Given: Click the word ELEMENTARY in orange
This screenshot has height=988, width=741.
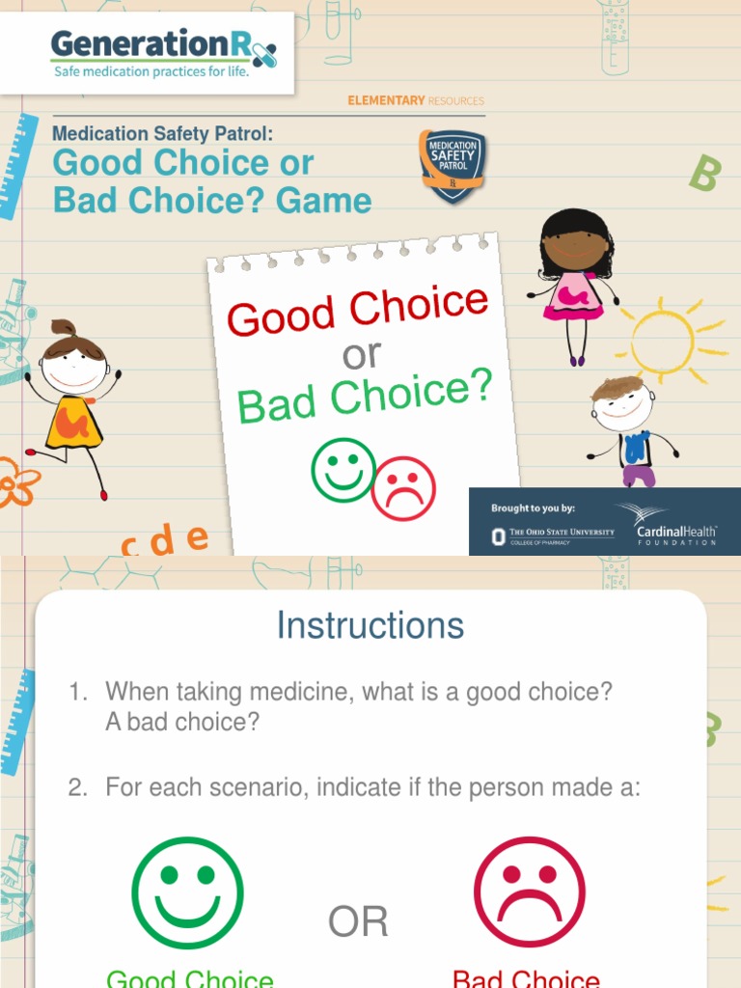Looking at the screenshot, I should (x=386, y=100).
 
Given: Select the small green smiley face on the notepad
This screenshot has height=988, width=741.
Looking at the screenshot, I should (x=343, y=470).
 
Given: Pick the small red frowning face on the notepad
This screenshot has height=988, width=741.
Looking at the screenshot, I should (x=403, y=488).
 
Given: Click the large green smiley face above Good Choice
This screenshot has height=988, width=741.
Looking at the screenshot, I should (x=188, y=892).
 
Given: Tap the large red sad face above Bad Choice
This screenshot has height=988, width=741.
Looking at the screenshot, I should (x=530, y=892).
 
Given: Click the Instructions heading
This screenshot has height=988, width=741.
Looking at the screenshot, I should (x=370, y=625).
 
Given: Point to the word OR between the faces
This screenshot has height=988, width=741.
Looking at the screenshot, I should (x=358, y=922).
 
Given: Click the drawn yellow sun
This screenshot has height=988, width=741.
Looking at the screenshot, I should (x=663, y=340).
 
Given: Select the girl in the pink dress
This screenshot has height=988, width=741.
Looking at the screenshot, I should (x=575, y=280).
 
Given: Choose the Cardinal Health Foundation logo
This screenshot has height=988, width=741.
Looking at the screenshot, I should (x=675, y=527).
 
